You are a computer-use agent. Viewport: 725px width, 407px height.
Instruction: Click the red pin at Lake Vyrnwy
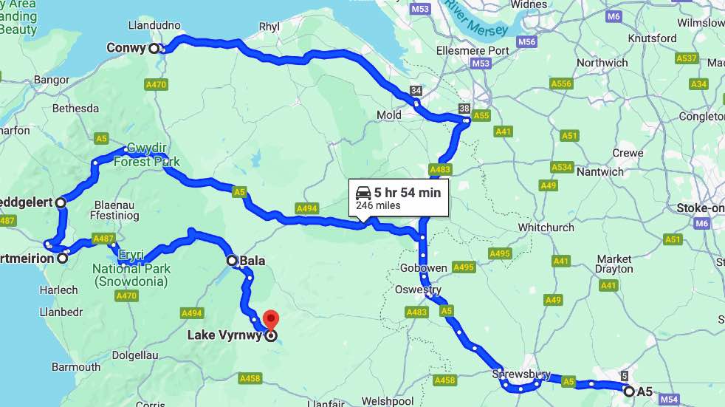coord(271,320)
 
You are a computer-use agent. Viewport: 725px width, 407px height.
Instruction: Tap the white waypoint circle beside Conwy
coord(154,49)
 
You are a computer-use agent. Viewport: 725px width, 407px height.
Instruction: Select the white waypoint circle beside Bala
coord(232,261)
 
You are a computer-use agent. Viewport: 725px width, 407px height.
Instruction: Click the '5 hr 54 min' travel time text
coord(407,193)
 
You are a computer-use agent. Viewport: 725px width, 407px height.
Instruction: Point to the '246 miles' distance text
coord(378,206)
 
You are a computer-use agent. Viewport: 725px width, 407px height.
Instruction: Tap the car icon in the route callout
coord(363,193)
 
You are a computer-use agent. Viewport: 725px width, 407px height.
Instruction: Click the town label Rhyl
coord(269,27)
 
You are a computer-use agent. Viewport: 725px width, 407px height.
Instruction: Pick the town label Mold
coord(389,115)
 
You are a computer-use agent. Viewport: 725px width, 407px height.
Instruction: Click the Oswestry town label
coord(417,290)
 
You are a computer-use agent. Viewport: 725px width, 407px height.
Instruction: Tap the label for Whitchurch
coord(546,228)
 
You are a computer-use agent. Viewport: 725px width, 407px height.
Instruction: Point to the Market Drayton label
coord(614,264)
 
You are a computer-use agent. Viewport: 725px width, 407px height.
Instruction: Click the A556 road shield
coord(562,83)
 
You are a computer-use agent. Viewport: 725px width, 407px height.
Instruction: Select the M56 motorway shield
coord(526,42)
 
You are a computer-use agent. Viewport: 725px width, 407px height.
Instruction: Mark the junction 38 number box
coord(464,109)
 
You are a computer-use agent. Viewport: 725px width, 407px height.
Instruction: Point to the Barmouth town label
coord(76,367)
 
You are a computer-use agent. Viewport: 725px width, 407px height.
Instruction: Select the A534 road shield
coord(562,167)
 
